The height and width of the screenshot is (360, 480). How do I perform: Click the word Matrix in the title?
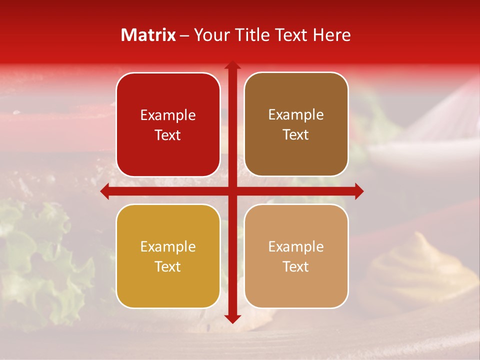tap(148, 35)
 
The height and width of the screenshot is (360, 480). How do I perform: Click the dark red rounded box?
tap(168, 124)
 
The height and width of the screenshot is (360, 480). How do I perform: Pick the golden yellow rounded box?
tap(168, 256)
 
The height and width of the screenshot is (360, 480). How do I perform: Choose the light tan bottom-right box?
tap(296, 256)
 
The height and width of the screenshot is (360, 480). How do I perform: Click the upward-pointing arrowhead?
tap(232, 65)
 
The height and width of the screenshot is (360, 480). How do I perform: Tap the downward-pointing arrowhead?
tap(232, 318)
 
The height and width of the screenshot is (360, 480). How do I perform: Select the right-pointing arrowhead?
tap(358, 191)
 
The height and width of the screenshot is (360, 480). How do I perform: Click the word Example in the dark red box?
tap(168, 115)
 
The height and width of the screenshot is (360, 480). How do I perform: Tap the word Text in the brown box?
tap(296, 135)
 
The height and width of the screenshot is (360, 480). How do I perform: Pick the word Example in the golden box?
tap(168, 247)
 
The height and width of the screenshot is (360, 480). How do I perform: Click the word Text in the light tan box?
tap(296, 266)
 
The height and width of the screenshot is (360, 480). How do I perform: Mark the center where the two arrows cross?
tap(232, 191)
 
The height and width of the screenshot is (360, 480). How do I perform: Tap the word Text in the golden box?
tap(168, 266)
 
